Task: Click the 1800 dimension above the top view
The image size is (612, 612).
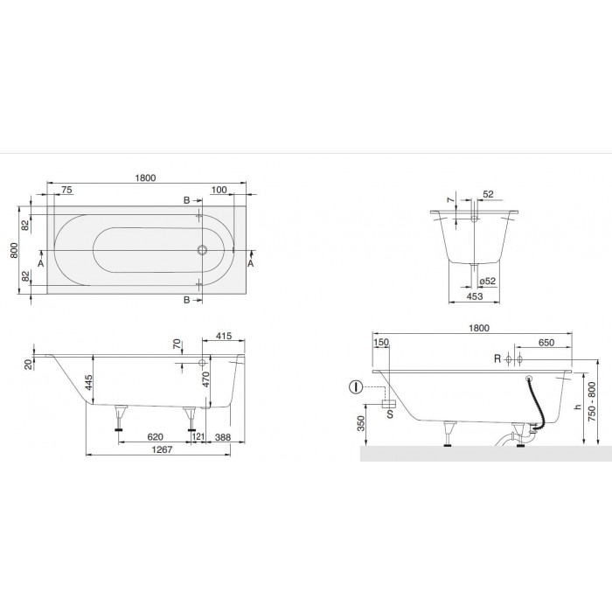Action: tap(145, 178)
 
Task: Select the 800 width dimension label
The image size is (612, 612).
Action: tap(14, 250)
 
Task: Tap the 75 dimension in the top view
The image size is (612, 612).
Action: tap(66, 190)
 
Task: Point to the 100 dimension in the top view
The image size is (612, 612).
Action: tap(219, 190)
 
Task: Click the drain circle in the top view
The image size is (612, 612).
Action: tap(202, 250)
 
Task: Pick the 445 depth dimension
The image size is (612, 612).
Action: tap(89, 382)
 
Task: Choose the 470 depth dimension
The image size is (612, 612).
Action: tap(206, 379)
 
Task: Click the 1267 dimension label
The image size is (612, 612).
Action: tap(162, 449)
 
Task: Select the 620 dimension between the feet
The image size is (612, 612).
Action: tap(155, 437)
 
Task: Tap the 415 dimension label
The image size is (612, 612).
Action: tap(224, 336)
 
